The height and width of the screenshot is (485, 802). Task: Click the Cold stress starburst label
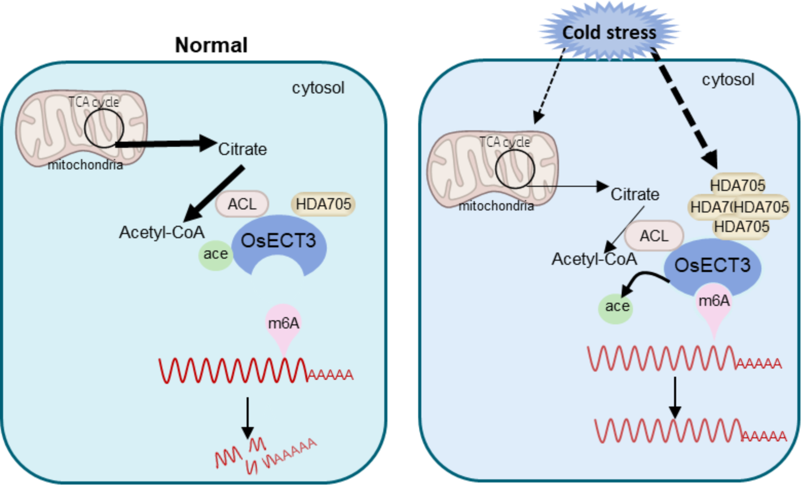(609, 32)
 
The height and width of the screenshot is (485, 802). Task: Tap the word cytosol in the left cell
(318, 88)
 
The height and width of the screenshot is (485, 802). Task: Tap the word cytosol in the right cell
(728, 80)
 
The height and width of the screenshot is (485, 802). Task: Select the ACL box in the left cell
(242, 204)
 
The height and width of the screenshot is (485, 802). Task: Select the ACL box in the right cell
(654, 236)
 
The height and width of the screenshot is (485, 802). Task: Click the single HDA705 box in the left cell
(323, 204)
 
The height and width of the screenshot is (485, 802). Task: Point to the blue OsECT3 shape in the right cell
(712, 265)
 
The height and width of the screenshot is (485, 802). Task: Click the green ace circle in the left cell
(215, 254)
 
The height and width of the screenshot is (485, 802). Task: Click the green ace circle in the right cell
(616, 306)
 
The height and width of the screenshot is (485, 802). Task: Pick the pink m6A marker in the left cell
(284, 324)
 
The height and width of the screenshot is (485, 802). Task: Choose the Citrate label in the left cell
(243, 149)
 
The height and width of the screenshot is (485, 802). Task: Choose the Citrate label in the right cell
(635, 195)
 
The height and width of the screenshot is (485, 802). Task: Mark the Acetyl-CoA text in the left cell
(162, 232)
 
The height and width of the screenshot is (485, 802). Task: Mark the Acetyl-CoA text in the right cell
(594, 259)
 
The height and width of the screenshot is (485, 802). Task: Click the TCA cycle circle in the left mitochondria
(104, 128)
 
